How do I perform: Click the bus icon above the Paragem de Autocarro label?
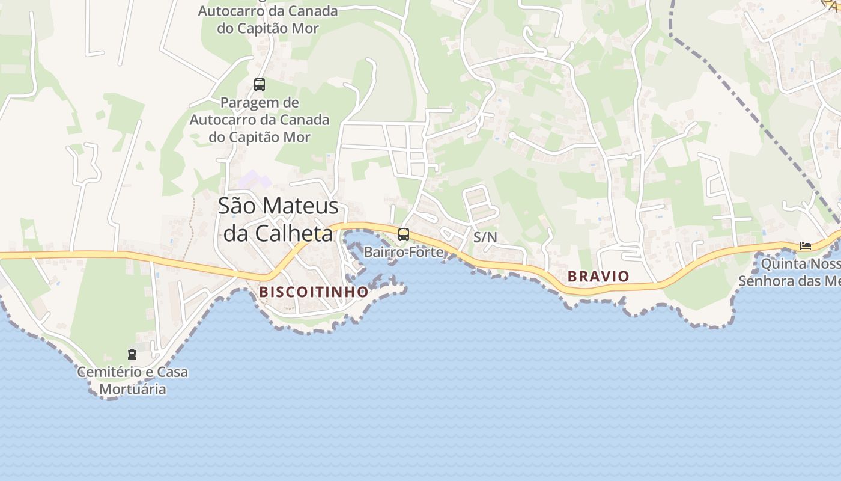[260, 85]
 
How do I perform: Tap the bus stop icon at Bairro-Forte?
[404, 234]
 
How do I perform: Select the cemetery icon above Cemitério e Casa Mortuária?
[132, 354]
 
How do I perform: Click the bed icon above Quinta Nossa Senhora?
[805, 245]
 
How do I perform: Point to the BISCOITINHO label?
[314, 292]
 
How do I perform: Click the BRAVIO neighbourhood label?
[598, 277]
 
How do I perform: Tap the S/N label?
[485, 237]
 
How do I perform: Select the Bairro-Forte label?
[404, 252]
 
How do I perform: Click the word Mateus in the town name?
[301, 206]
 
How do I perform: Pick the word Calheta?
[294, 233]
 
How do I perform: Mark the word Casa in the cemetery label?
[172, 372]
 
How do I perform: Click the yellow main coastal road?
[90, 256]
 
